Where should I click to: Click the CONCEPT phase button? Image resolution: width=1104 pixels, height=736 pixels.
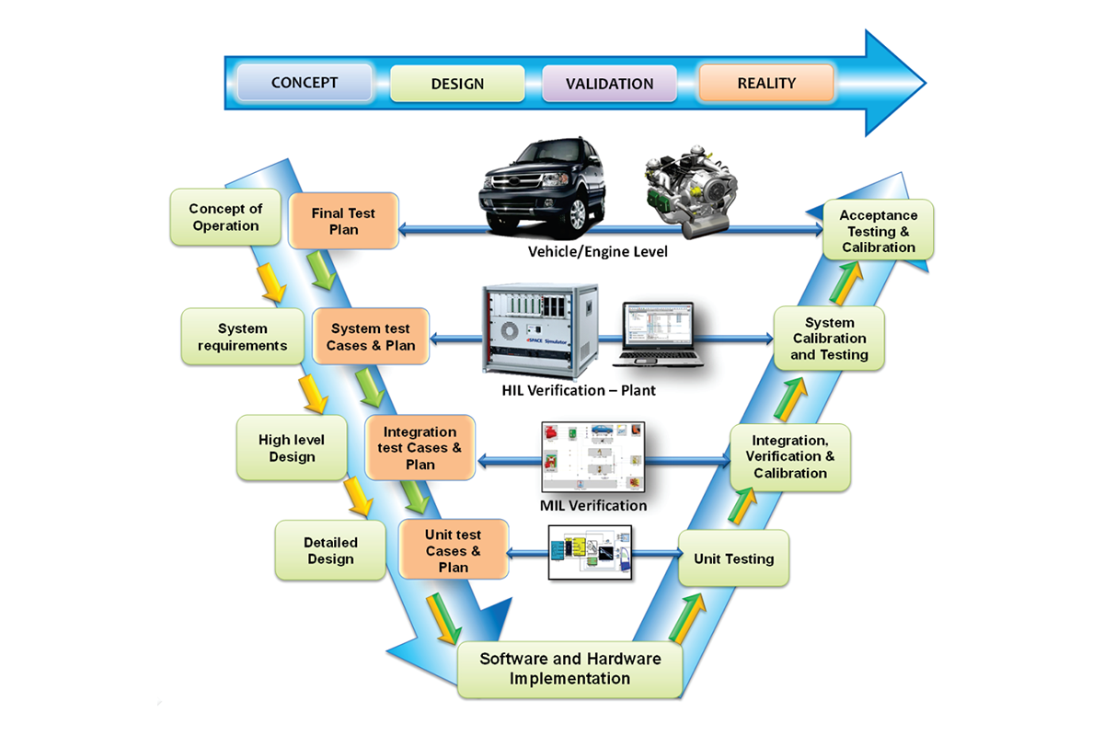pos(305,83)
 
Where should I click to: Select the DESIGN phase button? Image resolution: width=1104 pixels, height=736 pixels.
pos(457,84)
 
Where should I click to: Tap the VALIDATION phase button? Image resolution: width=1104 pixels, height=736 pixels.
pos(609,84)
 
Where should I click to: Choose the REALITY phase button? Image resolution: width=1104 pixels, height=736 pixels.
pos(766,83)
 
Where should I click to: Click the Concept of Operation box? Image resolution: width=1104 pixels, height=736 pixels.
pos(225,218)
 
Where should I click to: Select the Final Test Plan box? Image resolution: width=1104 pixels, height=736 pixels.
pos(343,221)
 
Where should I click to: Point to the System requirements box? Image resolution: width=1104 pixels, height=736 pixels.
pos(243,337)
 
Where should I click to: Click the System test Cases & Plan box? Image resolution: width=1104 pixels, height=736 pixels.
pos(371,337)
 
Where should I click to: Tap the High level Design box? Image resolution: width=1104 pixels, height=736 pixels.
pos(292,448)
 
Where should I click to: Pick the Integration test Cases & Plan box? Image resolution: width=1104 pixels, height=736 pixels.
pos(420,448)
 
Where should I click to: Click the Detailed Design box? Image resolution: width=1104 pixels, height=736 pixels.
pos(330,551)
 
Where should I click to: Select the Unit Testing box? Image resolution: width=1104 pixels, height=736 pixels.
pos(733,558)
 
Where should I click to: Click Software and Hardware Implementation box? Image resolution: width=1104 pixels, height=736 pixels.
pos(570,669)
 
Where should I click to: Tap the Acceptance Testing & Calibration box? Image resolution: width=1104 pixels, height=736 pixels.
pos(879,230)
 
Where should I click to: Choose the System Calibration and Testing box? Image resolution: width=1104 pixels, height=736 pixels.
pos(829,339)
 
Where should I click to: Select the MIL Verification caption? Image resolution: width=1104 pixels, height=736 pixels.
pos(593,506)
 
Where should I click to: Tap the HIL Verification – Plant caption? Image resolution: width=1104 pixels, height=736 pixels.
pos(579,390)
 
